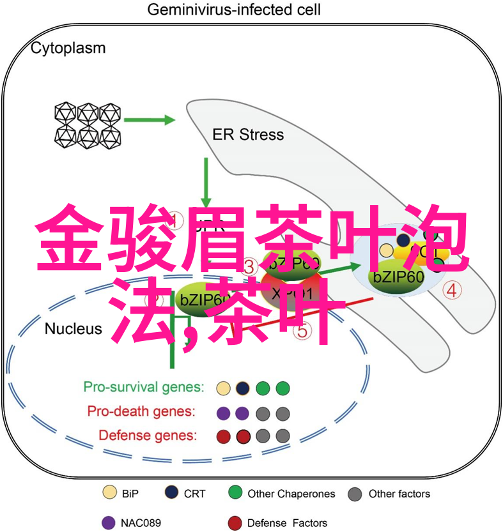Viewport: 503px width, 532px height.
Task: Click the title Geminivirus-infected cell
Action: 234,10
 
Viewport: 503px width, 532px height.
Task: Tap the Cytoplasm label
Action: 68,48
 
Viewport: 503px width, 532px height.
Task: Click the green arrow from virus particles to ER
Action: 149,119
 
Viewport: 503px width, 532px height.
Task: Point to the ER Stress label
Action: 248,135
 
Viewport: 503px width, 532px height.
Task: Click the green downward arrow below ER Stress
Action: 206,181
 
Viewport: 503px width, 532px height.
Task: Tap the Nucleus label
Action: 73,328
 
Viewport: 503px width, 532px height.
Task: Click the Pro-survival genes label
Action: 144,387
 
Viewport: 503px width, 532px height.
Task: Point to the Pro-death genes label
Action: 142,411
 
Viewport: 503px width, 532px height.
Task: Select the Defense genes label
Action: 148,436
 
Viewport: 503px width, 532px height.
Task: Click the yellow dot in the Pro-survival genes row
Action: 223,388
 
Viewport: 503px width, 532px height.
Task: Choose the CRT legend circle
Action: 171,493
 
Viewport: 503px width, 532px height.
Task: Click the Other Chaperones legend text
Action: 291,494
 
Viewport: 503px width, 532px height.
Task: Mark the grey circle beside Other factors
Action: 356,494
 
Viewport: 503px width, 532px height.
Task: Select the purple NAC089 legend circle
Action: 107,522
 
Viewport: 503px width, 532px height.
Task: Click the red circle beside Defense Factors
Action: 235,522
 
